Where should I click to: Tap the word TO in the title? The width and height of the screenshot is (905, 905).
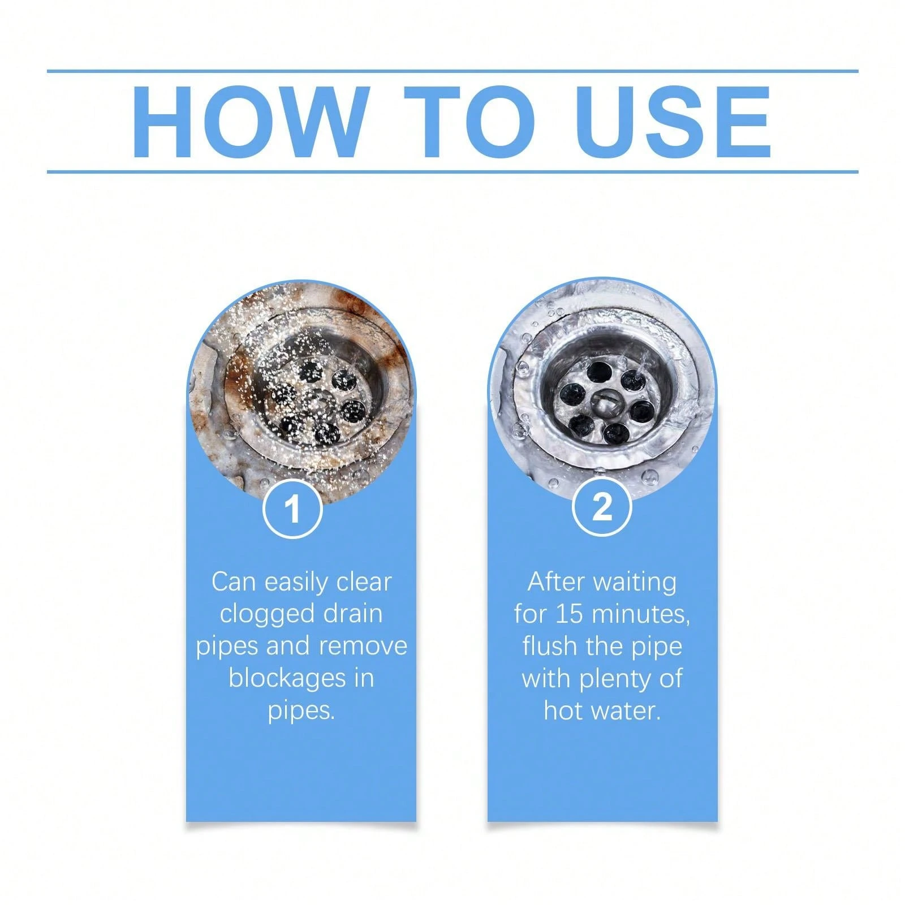point(469,122)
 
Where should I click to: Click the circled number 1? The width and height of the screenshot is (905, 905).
point(293,509)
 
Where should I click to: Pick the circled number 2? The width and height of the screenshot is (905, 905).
point(602,507)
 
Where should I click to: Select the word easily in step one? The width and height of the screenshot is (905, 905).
point(298,583)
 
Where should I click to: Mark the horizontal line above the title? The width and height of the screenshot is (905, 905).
point(453,71)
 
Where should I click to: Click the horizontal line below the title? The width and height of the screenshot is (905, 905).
point(453,171)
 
